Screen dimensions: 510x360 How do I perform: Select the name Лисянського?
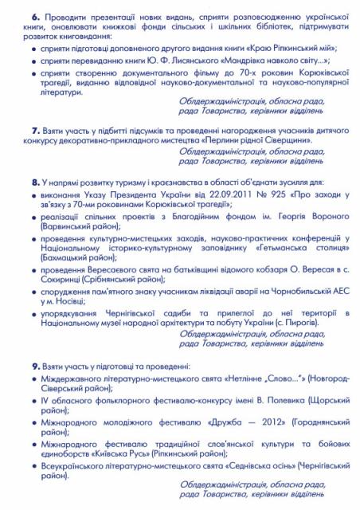point(182,60)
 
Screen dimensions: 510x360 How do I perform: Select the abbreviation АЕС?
point(327,292)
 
